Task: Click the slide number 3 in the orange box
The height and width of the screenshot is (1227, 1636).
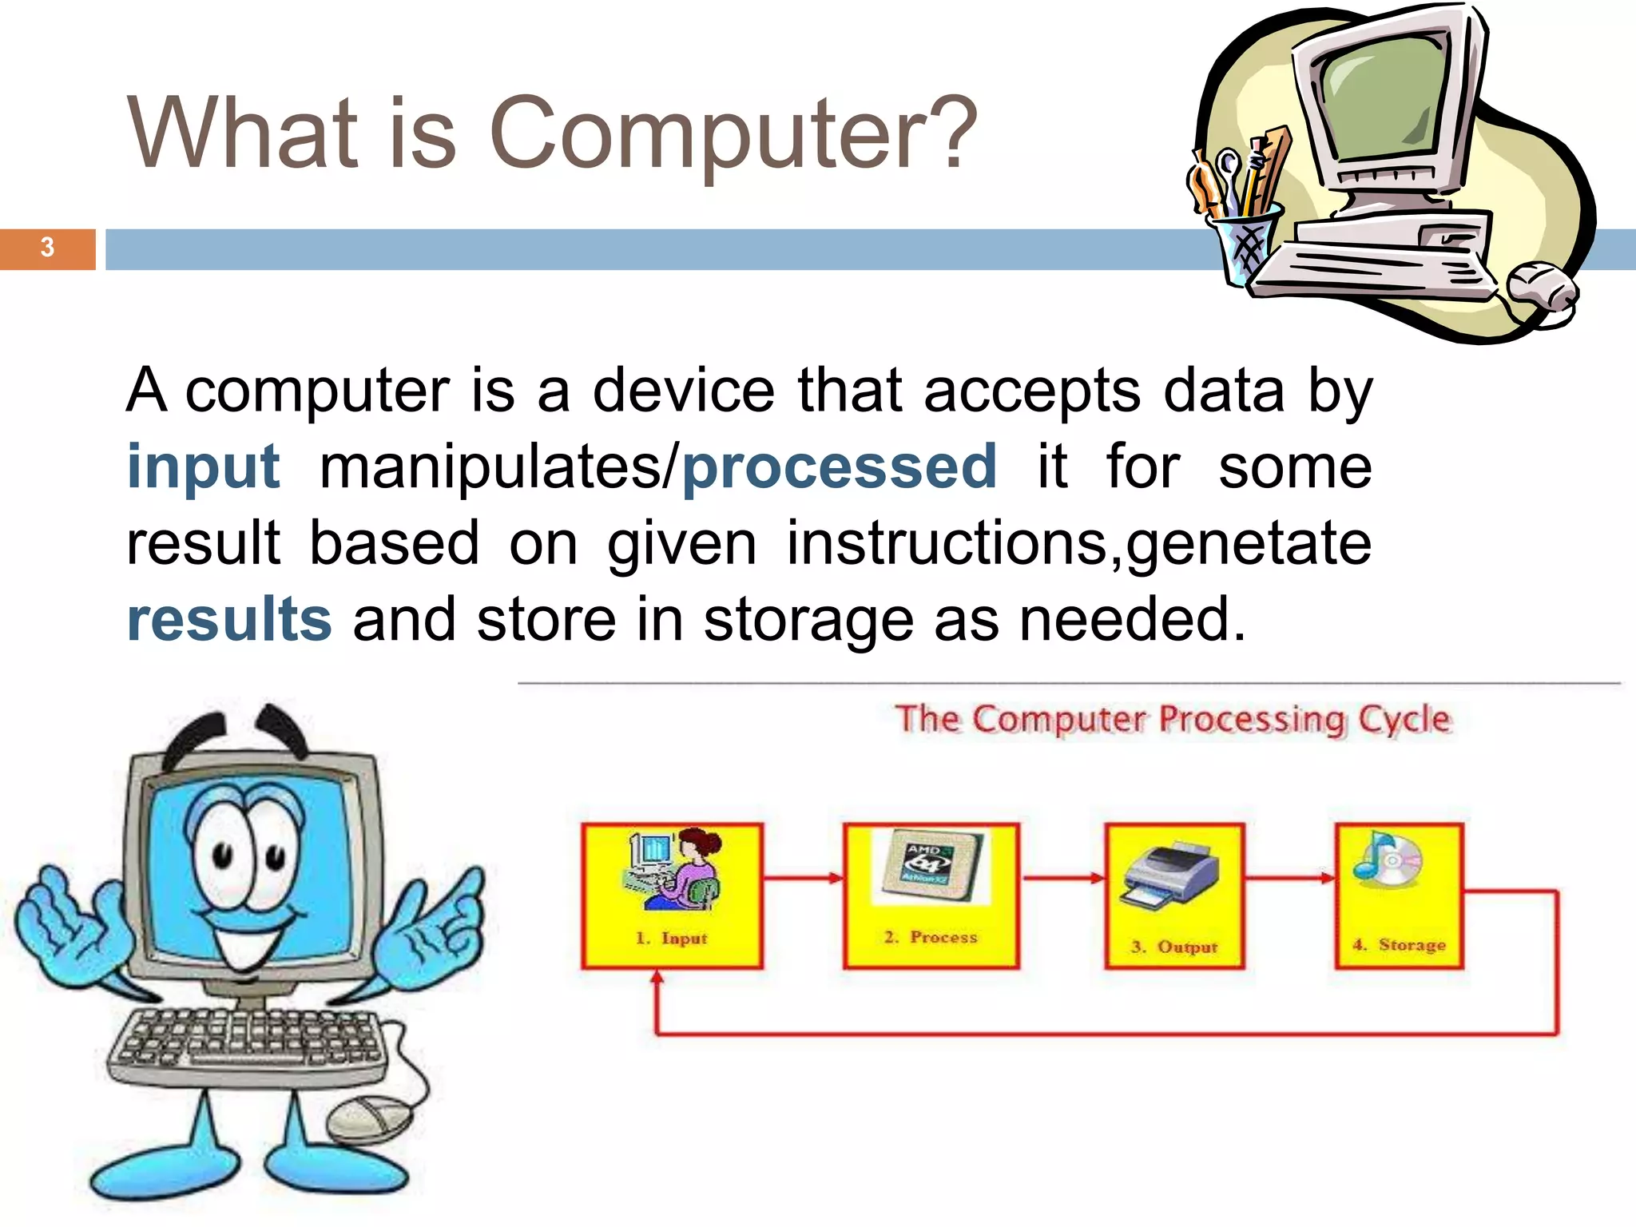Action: [x=47, y=248]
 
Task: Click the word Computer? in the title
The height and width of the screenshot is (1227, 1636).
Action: [x=733, y=133]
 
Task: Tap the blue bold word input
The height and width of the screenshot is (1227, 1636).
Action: [x=204, y=467]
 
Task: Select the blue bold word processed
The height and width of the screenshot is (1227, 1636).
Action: [x=839, y=467]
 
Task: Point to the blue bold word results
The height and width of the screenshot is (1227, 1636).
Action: [x=229, y=619]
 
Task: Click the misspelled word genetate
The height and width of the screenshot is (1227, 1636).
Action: [x=1249, y=543]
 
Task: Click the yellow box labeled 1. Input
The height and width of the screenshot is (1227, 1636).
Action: [x=672, y=895]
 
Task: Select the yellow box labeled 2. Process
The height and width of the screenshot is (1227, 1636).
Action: [x=931, y=895]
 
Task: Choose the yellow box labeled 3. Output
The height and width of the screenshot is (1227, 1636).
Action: [x=1174, y=895]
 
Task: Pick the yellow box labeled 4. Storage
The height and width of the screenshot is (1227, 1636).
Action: [x=1399, y=895]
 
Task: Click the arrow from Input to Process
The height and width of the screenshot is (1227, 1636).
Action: [x=803, y=878]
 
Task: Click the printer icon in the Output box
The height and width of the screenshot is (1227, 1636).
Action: [x=1171, y=876]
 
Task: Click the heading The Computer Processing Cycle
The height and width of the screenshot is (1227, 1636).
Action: [x=1172, y=719]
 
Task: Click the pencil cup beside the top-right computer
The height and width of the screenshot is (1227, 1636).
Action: [x=1243, y=240]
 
